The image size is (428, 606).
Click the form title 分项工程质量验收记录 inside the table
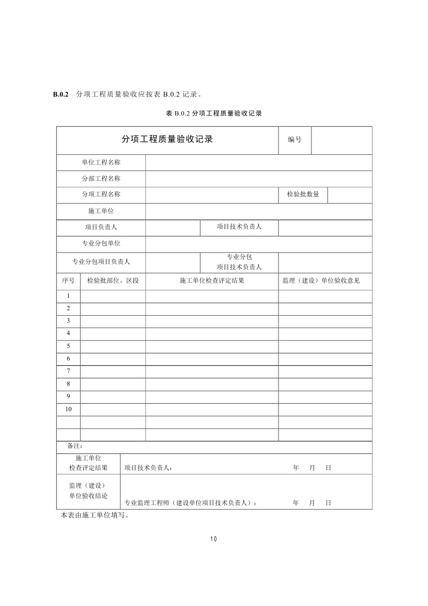pyautogui.click(x=167, y=139)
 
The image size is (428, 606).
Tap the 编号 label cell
pyautogui.click(x=295, y=140)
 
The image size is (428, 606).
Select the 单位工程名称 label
pyautogui.click(x=101, y=162)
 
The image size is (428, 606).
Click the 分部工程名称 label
pyautogui.click(x=101, y=179)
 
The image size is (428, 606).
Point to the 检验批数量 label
pyautogui.click(x=303, y=194)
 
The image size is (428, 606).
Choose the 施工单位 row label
pyautogui.click(x=101, y=211)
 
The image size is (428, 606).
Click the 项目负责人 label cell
pyautogui.click(x=101, y=227)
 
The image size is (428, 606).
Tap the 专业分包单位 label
pyautogui.click(x=101, y=243)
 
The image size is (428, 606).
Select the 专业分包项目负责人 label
pyautogui.click(x=101, y=262)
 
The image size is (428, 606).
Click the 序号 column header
pyautogui.click(x=68, y=281)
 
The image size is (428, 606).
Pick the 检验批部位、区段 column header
pyautogui.click(x=113, y=281)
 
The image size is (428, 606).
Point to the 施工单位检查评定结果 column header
pyautogui.click(x=212, y=281)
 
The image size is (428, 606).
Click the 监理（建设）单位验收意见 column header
pyautogui.click(x=325, y=281)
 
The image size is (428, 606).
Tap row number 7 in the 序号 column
pyautogui.click(x=69, y=371)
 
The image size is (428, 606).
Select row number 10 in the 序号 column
pyautogui.click(x=69, y=409)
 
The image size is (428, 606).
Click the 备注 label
pyautogui.click(x=74, y=446)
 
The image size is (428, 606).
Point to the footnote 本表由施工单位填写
pyautogui.click(x=95, y=515)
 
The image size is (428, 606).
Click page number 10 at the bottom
pyautogui.click(x=214, y=539)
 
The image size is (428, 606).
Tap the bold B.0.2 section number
pyautogui.click(x=60, y=94)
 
